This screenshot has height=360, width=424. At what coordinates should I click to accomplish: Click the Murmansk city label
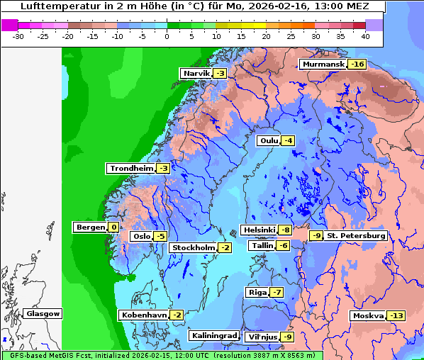click(323, 64)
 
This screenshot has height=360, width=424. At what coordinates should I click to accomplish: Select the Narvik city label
click(196, 74)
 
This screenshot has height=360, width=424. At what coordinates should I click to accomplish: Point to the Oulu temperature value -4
click(288, 141)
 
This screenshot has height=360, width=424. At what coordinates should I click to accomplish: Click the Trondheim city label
click(131, 169)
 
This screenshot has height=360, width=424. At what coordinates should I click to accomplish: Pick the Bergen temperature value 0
click(113, 227)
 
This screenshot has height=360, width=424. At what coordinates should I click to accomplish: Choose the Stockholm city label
click(192, 247)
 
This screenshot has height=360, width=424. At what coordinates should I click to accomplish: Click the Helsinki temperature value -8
click(284, 230)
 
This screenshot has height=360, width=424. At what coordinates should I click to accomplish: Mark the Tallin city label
click(261, 246)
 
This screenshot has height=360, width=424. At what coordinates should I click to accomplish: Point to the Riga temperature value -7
click(277, 293)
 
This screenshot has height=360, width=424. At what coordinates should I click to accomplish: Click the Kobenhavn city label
click(143, 315)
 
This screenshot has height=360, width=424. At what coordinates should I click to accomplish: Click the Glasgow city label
click(43, 314)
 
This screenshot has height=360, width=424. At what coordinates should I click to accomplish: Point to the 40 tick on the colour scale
click(365, 36)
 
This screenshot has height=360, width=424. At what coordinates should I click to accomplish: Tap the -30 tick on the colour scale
click(18, 36)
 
